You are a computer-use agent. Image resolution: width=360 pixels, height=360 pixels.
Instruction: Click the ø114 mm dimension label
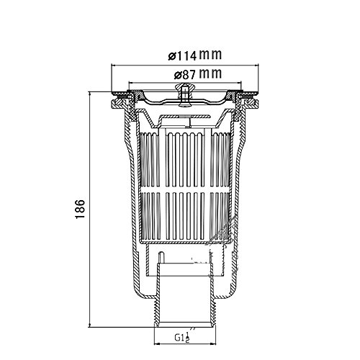(194, 55)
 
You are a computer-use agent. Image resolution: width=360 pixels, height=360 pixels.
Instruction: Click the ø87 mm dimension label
(197, 74)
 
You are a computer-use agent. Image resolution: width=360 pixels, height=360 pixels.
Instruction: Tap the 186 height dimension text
(80, 209)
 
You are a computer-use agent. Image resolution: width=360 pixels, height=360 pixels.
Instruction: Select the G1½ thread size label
(182, 337)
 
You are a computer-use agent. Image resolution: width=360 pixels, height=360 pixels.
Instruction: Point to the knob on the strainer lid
(184, 94)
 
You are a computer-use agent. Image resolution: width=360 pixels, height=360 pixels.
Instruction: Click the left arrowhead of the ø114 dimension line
(114, 65)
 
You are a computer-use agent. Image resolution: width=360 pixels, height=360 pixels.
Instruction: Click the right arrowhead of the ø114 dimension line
(256, 65)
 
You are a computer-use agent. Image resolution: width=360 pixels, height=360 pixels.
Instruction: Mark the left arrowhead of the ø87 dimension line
(132, 83)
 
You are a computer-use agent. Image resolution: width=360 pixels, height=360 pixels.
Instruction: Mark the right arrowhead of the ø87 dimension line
(238, 83)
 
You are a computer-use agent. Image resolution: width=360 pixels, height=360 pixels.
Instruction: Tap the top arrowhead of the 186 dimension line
(90, 95)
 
